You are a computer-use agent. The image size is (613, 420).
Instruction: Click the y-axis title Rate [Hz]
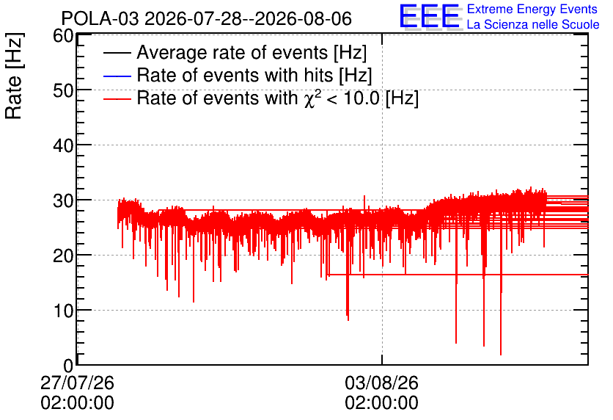tap(14, 76)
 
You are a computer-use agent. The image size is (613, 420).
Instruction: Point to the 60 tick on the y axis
tap(63, 36)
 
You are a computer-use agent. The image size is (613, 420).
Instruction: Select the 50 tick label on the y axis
tap(63, 91)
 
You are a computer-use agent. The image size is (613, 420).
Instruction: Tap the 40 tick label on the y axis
tap(63, 146)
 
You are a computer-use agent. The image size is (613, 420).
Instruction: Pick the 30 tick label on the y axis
tap(63, 201)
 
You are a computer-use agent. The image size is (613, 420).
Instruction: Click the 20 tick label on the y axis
tap(63, 256)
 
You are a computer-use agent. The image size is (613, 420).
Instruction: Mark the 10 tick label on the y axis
tap(63, 311)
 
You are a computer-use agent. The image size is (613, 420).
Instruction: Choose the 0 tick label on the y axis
tap(68, 366)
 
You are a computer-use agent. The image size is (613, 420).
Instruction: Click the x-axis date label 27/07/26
tap(78, 383)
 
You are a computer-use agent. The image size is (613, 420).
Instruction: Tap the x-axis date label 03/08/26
tap(381, 383)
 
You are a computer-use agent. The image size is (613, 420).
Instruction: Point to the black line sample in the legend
tap(117, 53)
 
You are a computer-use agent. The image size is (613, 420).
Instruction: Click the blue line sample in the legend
tap(117, 76)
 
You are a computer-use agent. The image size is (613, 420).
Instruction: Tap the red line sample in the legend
tap(117, 98)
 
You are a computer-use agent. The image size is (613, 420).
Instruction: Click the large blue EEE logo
tap(430, 16)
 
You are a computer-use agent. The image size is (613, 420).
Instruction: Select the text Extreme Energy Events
tap(532, 9)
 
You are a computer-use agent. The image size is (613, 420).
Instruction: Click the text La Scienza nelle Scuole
tap(533, 24)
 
